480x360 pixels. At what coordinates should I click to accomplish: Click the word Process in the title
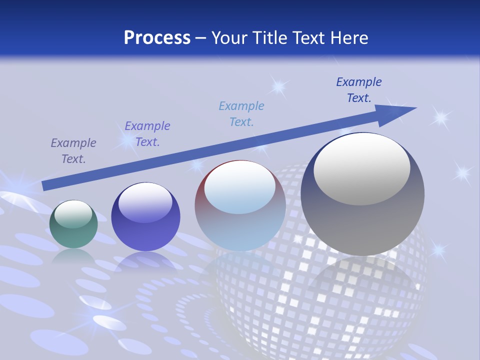157,37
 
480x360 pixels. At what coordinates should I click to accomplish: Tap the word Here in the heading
347,37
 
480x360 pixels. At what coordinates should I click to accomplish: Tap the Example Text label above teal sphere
73,151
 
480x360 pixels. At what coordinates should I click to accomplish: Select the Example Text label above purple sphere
147,134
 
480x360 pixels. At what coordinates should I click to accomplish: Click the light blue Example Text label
241,113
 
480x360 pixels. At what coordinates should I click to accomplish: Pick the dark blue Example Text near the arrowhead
359,90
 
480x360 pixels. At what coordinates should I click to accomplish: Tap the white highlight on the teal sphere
73,213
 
